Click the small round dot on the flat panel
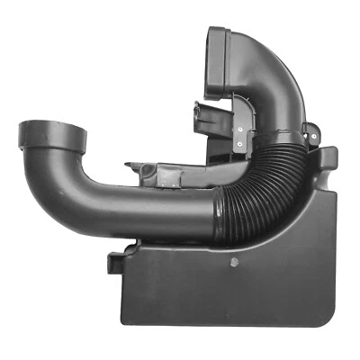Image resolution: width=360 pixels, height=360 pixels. (235, 264)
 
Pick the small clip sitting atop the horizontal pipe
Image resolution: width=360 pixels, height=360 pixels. (144, 169)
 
